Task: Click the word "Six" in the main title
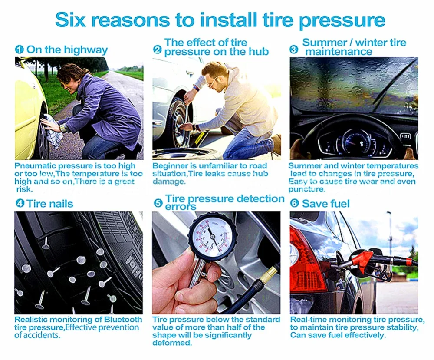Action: tap(70, 20)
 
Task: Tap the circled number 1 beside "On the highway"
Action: tap(20, 50)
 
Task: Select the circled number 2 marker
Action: tap(157, 50)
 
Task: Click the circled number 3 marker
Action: tap(294, 50)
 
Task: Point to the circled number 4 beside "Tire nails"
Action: tap(20, 204)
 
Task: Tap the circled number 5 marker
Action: tap(158, 203)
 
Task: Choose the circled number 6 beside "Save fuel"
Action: tap(295, 204)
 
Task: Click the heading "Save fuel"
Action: tap(326, 204)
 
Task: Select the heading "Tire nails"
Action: tap(50, 204)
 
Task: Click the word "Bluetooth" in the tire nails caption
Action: tap(123, 320)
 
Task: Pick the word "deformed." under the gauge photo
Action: tap(172, 343)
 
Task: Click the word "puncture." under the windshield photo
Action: tap(306, 189)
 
